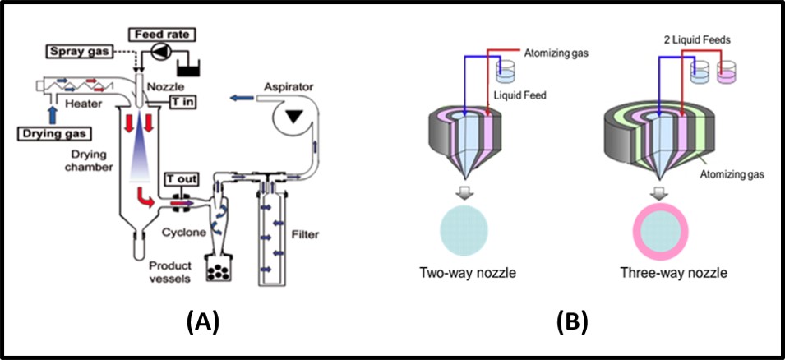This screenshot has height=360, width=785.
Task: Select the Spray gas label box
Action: (73, 51)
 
